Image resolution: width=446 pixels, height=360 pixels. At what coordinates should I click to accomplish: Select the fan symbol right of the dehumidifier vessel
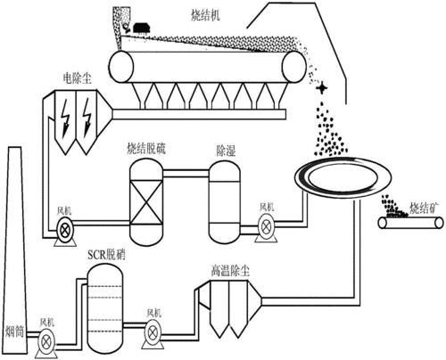pyautogui.click(x=267, y=225)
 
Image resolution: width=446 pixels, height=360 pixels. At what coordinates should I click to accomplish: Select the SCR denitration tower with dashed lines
pyautogui.click(x=103, y=304)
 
